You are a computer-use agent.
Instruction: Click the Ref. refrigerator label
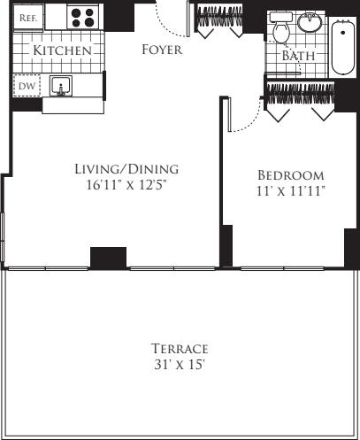(x=28, y=18)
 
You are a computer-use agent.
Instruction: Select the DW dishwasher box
(x=27, y=86)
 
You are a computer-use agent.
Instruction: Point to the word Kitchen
(x=63, y=51)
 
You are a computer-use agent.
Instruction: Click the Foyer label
(x=162, y=50)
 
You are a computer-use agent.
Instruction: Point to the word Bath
(x=298, y=56)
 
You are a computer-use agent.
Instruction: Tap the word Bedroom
(x=290, y=175)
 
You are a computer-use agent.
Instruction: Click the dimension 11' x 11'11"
(x=290, y=191)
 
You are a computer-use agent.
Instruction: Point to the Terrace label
(x=180, y=348)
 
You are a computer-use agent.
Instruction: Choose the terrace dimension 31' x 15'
(x=180, y=364)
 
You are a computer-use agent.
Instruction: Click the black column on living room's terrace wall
(x=109, y=257)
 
